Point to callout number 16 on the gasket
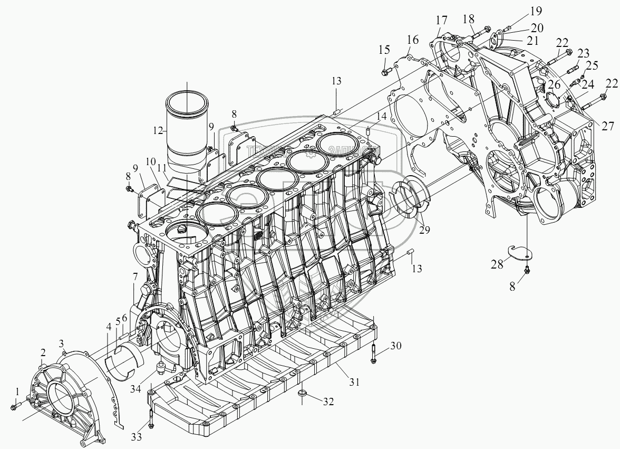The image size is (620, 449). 413,40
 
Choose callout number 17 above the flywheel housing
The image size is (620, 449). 441,20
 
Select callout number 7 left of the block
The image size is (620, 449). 135,276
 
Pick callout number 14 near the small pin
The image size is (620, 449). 381,116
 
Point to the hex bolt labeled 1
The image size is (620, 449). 13,406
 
